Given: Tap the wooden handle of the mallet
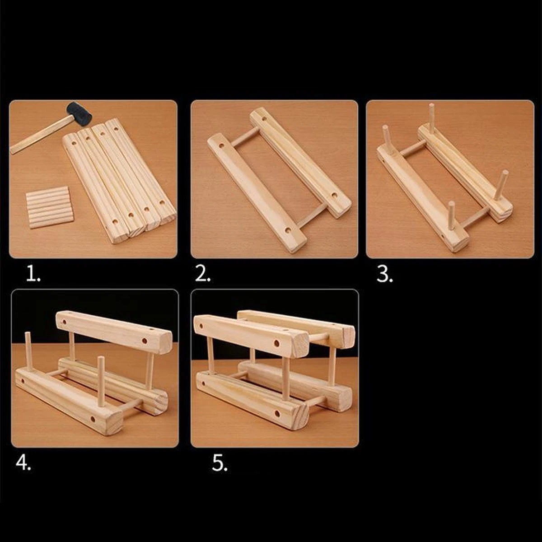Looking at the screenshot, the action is [x=42, y=134].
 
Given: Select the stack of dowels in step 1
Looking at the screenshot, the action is [x=50, y=207].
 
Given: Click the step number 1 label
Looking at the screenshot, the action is [x=33, y=274].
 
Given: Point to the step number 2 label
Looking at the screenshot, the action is [x=202, y=274].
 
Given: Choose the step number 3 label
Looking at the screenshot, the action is [x=384, y=274].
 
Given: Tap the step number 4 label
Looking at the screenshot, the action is [x=23, y=463].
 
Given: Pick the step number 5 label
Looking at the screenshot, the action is [x=220, y=463].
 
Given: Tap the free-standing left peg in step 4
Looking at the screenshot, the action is [x=28, y=351].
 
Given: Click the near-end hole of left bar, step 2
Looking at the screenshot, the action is [x=288, y=230].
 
